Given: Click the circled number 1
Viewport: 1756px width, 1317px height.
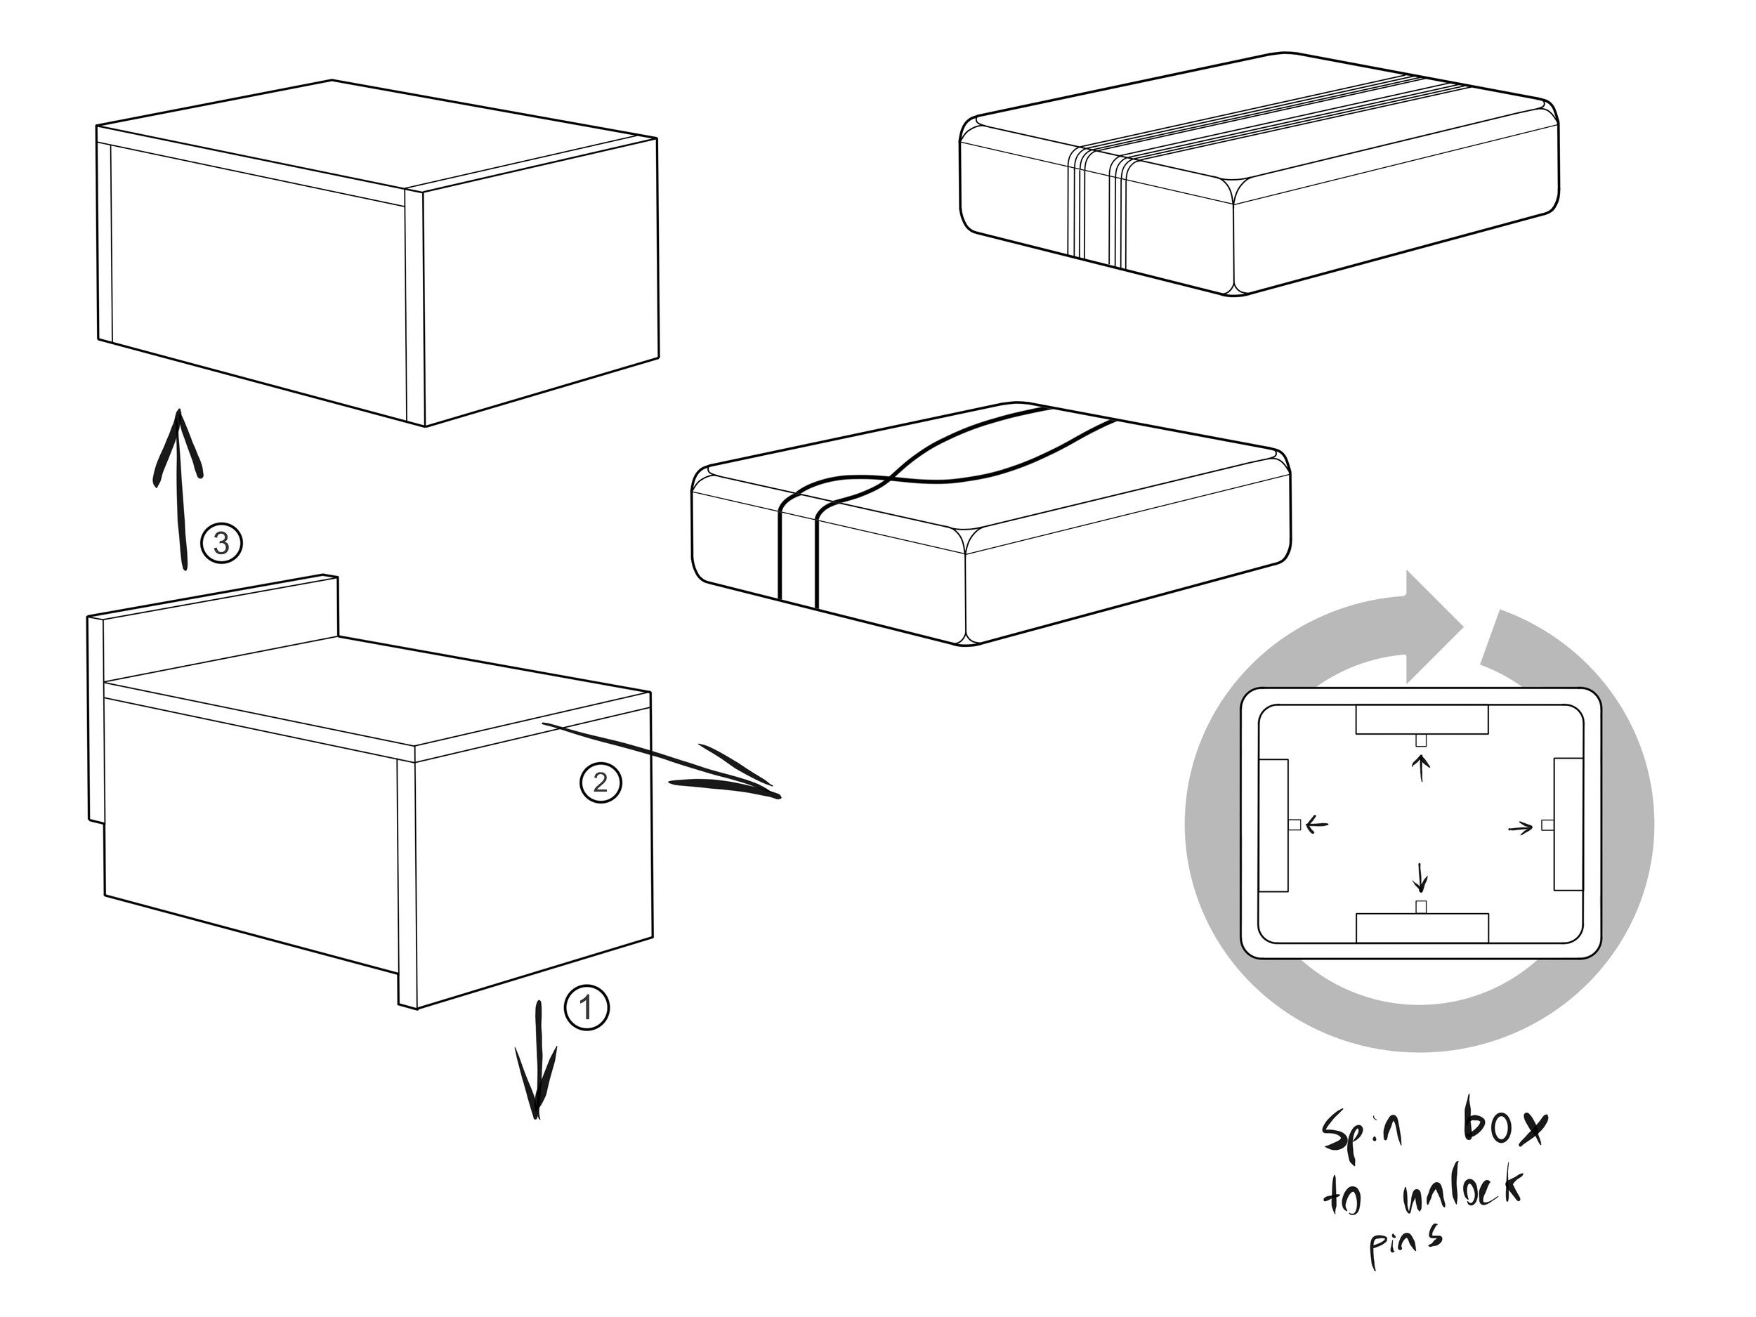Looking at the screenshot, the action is point(587,1007).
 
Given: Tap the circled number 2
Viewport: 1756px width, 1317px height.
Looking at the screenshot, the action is point(601,782).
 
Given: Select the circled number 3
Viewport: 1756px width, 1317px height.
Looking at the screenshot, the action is point(221,543).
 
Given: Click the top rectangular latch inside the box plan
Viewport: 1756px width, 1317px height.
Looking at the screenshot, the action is point(1421,719).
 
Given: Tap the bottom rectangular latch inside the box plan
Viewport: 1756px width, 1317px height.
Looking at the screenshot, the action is point(1422,927).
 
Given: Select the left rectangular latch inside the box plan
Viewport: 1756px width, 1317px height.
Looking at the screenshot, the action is point(1273,825).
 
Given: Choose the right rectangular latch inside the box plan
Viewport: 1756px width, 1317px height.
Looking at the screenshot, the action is point(1568,824).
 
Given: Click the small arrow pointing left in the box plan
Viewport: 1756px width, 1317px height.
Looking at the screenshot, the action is point(1316,825).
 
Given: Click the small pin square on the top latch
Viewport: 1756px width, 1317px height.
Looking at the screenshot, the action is point(1422,740).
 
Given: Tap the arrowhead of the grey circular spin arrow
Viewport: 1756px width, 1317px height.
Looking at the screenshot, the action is point(1434,627).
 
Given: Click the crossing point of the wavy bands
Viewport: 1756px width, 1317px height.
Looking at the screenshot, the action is point(889,480).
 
